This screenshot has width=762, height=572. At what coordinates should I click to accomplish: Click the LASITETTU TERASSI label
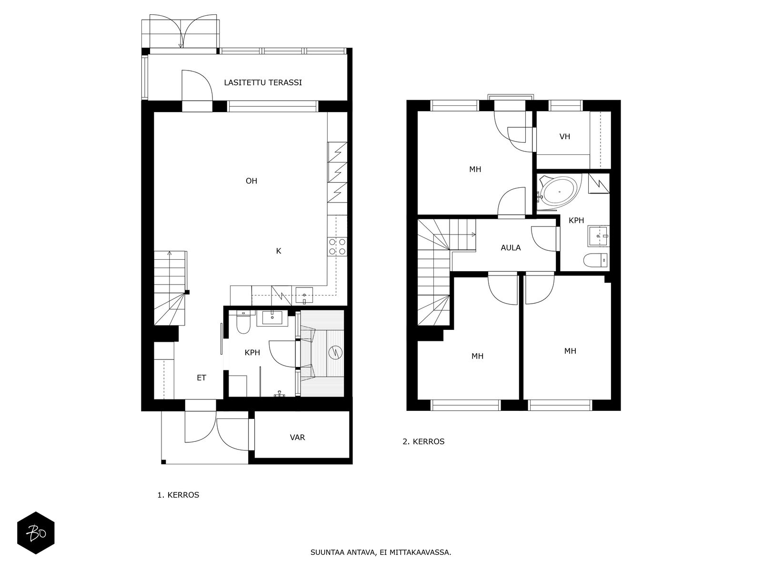click(263, 82)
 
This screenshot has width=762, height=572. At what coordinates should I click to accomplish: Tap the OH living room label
click(251, 181)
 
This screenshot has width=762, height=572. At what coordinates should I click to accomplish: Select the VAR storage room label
click(298, 437)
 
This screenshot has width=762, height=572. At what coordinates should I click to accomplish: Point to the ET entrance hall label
click(201, 378)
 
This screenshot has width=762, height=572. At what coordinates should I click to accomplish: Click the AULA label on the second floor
click(511, 248)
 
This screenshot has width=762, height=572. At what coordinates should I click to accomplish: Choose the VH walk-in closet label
click(565, 136)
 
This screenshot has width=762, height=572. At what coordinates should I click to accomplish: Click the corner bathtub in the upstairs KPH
click(559, 191)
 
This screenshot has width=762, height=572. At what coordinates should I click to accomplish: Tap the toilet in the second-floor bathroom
click(595, 260)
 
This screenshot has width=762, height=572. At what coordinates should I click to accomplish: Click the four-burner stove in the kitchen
click(337, 247)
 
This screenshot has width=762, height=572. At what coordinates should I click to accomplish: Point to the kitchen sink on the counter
click(304, 295)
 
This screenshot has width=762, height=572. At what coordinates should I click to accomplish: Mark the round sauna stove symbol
click(335, 353)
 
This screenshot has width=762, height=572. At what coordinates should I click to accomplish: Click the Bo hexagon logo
click(36, 533)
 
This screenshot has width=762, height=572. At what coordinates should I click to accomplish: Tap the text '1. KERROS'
click(178, 495)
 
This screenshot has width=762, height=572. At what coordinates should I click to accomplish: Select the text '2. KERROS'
click(423, 441)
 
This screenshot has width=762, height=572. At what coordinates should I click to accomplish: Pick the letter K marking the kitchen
click(279, 251)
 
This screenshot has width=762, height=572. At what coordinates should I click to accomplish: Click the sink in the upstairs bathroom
click(598, 236)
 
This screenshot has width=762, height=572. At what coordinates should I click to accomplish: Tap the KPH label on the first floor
click(252, 353)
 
